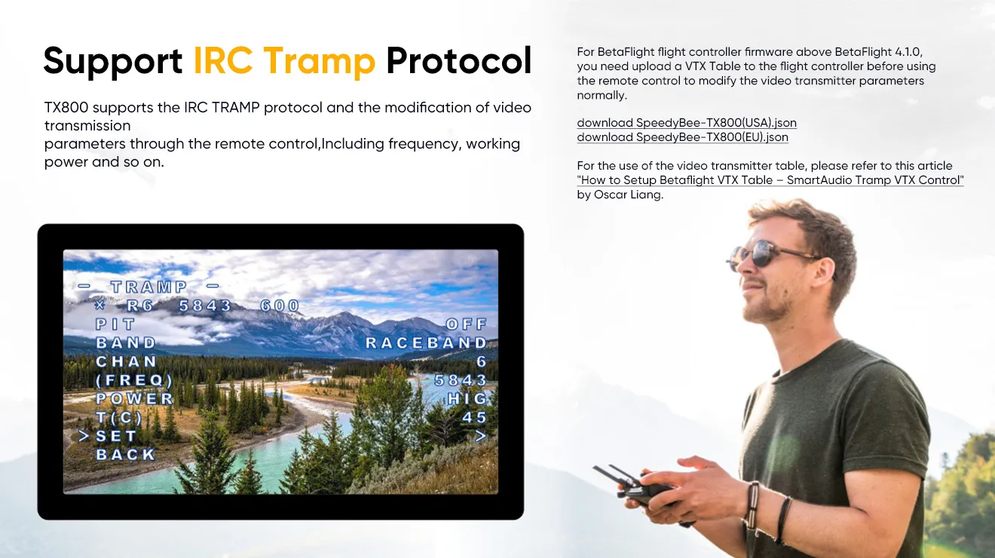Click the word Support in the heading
pos(113,61)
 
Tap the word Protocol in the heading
pos(458,61)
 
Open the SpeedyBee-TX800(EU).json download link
pos(682,137)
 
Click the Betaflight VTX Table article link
pos(770,180)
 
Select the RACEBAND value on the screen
pos(426,343)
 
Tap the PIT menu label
pos(115,324)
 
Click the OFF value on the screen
pos(467,324)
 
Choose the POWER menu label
pos(134,398)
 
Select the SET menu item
pos(116,436)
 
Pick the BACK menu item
pos(125,455)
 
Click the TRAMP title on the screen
pos(148,287)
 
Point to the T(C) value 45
pos(475,417)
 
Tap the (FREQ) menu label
pos(134,380)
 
